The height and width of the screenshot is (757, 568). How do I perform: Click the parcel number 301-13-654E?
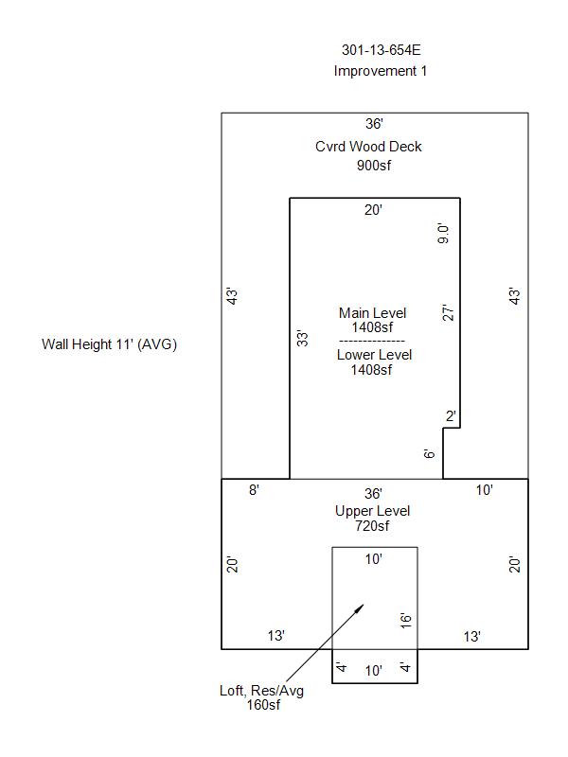380,50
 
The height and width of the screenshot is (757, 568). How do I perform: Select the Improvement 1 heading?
380,71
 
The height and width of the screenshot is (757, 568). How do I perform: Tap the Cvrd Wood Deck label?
368,147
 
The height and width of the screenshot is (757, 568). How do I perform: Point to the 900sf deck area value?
373,166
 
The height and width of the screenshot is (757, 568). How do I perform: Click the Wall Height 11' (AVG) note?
109,343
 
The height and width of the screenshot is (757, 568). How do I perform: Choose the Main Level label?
372,313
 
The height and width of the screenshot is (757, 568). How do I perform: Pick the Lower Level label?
374,355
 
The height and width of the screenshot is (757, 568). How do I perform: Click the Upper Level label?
372,511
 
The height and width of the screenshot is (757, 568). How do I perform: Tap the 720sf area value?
372,526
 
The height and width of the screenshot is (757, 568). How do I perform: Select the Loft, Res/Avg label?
261,691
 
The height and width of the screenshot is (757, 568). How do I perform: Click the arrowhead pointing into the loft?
359,608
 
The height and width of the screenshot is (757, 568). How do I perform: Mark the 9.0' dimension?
443,234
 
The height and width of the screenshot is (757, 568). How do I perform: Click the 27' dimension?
450,312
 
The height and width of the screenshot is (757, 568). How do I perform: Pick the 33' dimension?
302,338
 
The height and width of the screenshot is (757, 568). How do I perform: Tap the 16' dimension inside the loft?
405,621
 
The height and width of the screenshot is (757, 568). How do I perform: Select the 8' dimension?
254,490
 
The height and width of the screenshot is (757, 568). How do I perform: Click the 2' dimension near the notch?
451,416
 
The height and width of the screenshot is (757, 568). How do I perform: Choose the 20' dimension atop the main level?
373,210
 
